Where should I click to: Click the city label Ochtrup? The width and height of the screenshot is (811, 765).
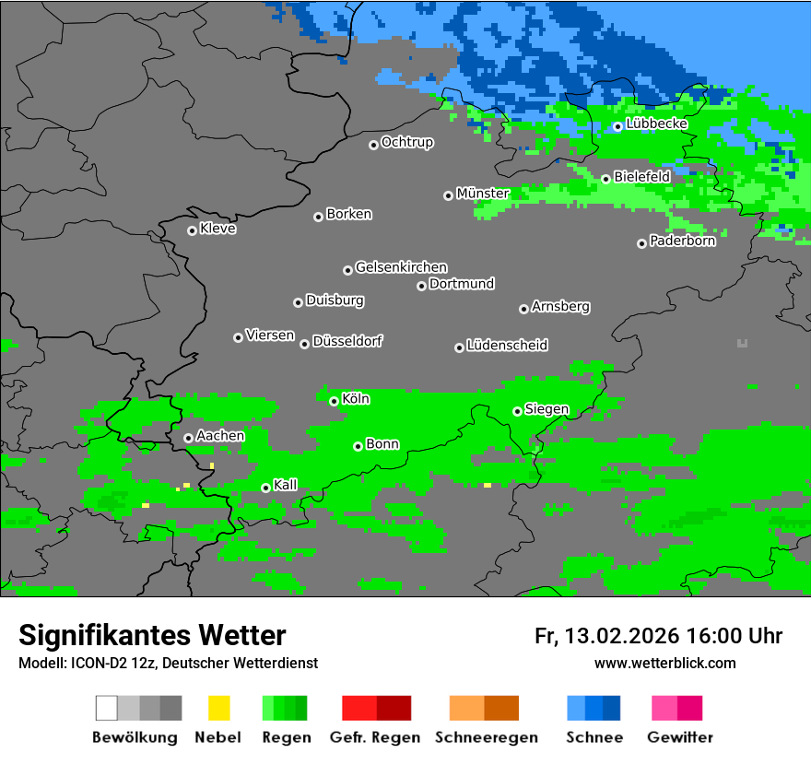(x=406, y=143)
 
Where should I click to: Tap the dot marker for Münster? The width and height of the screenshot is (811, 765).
(x=448, y=195)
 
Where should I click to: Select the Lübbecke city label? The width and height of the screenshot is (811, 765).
(x=656, y=124)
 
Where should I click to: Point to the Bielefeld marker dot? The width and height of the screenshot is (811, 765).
(x=605, y=179)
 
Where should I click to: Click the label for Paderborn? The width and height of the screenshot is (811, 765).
(x=682, y=241)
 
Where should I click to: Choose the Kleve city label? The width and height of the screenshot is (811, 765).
(x=217, y=229)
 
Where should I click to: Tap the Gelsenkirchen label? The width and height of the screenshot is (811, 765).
(x=401, y=267)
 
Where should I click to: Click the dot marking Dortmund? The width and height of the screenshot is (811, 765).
(x=421, y=286)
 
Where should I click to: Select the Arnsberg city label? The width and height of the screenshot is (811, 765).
(x=560, y=307)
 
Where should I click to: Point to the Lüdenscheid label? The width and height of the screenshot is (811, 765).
(x=507, y=346)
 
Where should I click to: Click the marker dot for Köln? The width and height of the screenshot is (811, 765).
(x=334, y=401)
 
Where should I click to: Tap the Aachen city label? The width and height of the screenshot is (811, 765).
(x=220, y=436)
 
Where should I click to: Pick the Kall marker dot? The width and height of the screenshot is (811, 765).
(x=266, y=488)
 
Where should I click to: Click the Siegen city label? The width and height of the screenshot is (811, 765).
(x=547, y=409)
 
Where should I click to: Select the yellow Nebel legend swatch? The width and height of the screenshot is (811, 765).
(x=218, y=708)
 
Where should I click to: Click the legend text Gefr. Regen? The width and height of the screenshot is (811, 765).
(x=374, y=737)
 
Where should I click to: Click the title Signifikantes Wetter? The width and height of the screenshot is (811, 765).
(x=152, y=635)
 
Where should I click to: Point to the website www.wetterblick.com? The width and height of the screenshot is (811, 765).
(x=664, y=663)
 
